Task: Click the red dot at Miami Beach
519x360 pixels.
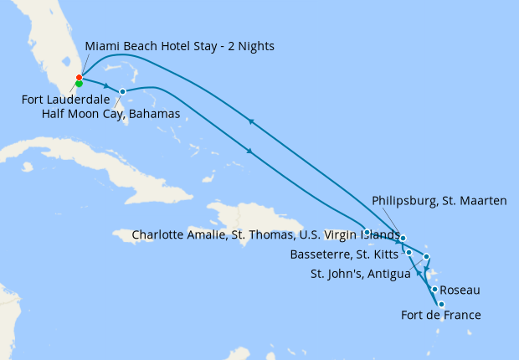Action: coord(79,78)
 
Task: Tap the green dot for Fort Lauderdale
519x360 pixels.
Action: coord(79,84)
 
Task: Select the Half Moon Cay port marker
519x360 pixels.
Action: coord(123,91)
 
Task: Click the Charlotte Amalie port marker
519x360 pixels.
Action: coord(367,232)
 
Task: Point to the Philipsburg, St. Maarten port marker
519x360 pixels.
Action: coord(403,239)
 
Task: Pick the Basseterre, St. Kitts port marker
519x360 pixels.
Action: coord(409,252)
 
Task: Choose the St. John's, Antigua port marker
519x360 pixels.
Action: coord(427,256)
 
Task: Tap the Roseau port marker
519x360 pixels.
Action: coord(434,289)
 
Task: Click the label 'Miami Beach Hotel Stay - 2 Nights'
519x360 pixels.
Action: coord(179,45)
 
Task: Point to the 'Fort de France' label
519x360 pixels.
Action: coord(441,316)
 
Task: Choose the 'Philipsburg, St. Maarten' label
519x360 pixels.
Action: coord(439,201)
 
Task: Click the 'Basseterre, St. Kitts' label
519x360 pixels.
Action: coord(344,254)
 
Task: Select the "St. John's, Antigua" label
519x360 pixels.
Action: coord(360,273)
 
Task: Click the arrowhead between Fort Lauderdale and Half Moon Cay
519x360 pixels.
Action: coord(106,86)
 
